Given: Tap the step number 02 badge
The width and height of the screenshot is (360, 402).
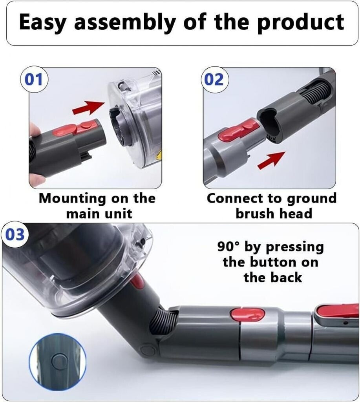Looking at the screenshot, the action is point(214,79).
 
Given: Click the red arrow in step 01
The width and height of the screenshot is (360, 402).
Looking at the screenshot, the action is point(88,108).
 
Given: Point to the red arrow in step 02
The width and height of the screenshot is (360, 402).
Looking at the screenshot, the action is point(271,160).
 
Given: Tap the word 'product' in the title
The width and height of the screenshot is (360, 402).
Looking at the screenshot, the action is point(301,22).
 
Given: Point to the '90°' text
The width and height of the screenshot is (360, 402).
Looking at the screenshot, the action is point(229,247).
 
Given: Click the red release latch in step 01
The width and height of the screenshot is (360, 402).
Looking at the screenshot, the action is point(75,128).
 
